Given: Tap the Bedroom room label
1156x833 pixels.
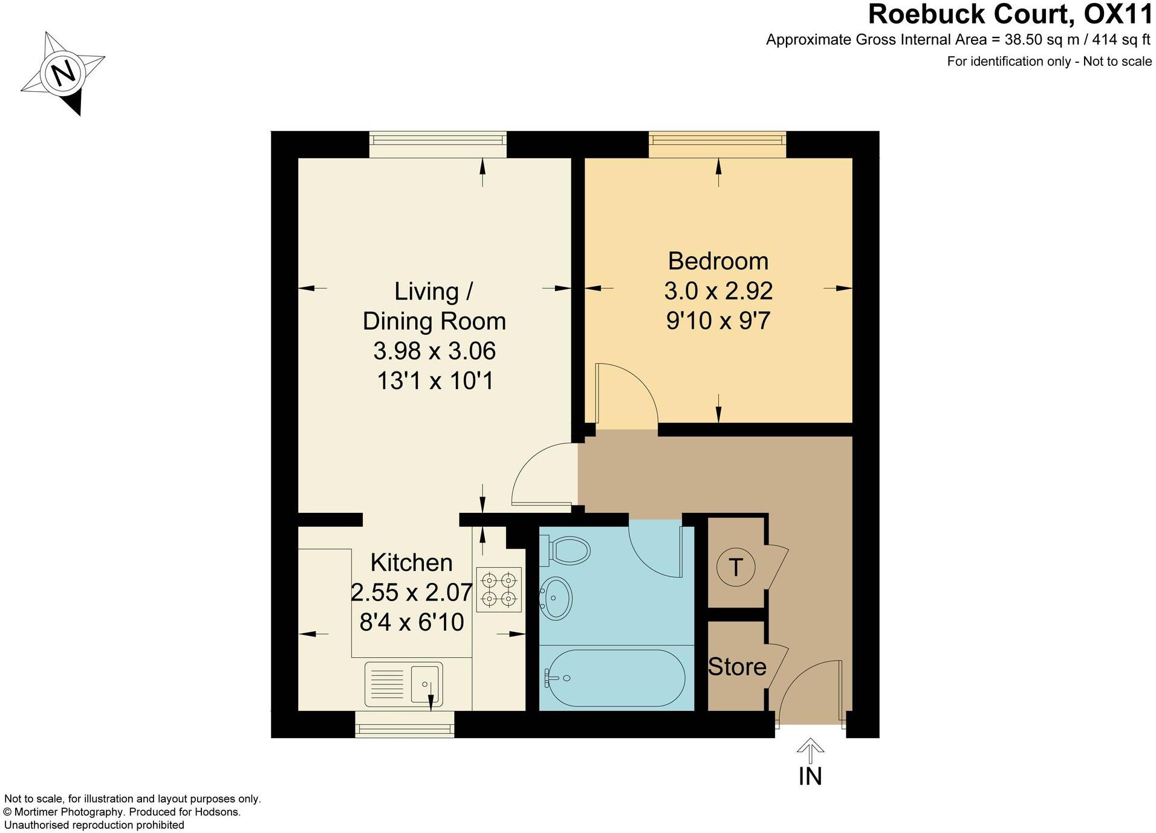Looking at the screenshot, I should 718,261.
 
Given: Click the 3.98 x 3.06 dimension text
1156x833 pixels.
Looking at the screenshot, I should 434,351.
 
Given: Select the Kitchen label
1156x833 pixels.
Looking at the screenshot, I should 411,562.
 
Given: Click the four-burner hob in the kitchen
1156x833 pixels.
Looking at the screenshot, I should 499,590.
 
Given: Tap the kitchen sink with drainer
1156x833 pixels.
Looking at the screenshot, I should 404,684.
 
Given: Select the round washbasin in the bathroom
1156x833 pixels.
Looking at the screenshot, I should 555,597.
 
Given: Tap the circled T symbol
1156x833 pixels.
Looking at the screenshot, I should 735,567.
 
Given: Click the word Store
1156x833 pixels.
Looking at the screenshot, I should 737,667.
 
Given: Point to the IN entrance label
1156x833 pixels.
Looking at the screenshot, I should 810,776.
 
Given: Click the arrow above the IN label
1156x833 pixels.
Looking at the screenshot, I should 810,750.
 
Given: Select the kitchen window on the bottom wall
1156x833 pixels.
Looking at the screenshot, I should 404,724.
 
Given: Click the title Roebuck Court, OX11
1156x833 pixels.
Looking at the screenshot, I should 1009,14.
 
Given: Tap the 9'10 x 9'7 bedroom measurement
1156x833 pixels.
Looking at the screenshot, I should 718,321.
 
